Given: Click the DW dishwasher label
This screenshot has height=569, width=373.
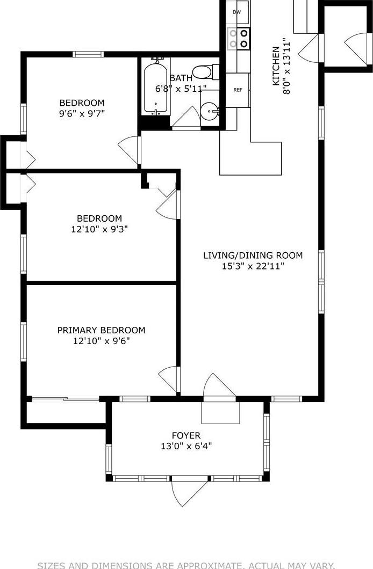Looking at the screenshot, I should [x=237, y=12].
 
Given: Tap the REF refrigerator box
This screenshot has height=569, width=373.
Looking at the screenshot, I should [x=237, y=90].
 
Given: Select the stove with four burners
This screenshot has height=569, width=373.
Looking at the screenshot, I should [x=238, y=38].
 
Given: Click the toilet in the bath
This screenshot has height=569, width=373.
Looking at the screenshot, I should [x=205, y=71].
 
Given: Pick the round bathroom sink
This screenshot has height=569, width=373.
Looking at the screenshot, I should [x=209, y=112].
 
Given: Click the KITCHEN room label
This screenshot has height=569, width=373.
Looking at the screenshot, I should [x=276, y=65].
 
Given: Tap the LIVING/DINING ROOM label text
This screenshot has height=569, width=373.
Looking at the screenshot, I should [x=253, y=256].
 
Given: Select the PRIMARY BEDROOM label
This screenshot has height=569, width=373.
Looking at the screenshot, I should [x=101, y=330].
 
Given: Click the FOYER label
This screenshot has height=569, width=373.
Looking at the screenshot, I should [x=186, y=435].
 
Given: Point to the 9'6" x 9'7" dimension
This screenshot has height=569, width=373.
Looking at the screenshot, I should [x=82, y=113].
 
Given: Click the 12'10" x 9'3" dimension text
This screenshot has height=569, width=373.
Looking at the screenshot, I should [x=99, y=229].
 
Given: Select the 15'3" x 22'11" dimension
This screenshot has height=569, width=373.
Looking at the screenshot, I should [x=253, y=266].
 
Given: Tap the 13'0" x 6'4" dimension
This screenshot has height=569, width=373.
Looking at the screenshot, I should [x=186, y=446].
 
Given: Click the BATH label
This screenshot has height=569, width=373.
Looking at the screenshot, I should [x=181, y=78].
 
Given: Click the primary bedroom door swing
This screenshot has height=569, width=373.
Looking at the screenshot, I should [x=170, y=378].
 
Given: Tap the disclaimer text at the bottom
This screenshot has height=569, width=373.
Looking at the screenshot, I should [x=186, y=565].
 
